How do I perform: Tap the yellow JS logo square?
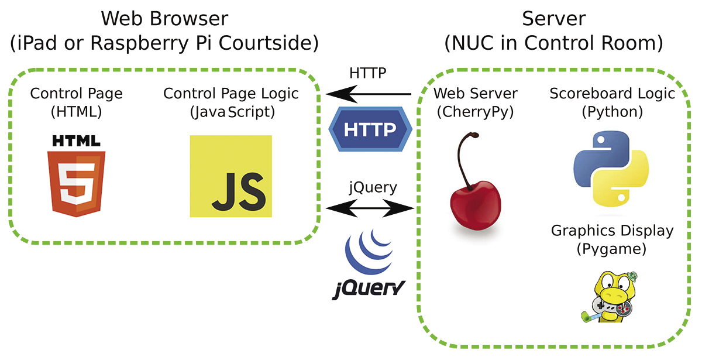pos(231,176)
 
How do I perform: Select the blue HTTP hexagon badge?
pos(370,129)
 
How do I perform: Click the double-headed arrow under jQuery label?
pos(370,207)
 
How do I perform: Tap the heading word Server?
pos(553,19)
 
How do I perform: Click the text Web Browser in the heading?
pos(164,19)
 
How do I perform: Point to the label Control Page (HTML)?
pos(77,102)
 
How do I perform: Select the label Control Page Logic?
pos(231,94)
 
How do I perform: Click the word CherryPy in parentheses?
pos(475,112)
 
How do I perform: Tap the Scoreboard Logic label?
pos(612,94)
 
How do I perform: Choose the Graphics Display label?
pos(612,231)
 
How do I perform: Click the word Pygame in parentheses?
pos(611,249)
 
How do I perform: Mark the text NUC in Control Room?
pos(553,43)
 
